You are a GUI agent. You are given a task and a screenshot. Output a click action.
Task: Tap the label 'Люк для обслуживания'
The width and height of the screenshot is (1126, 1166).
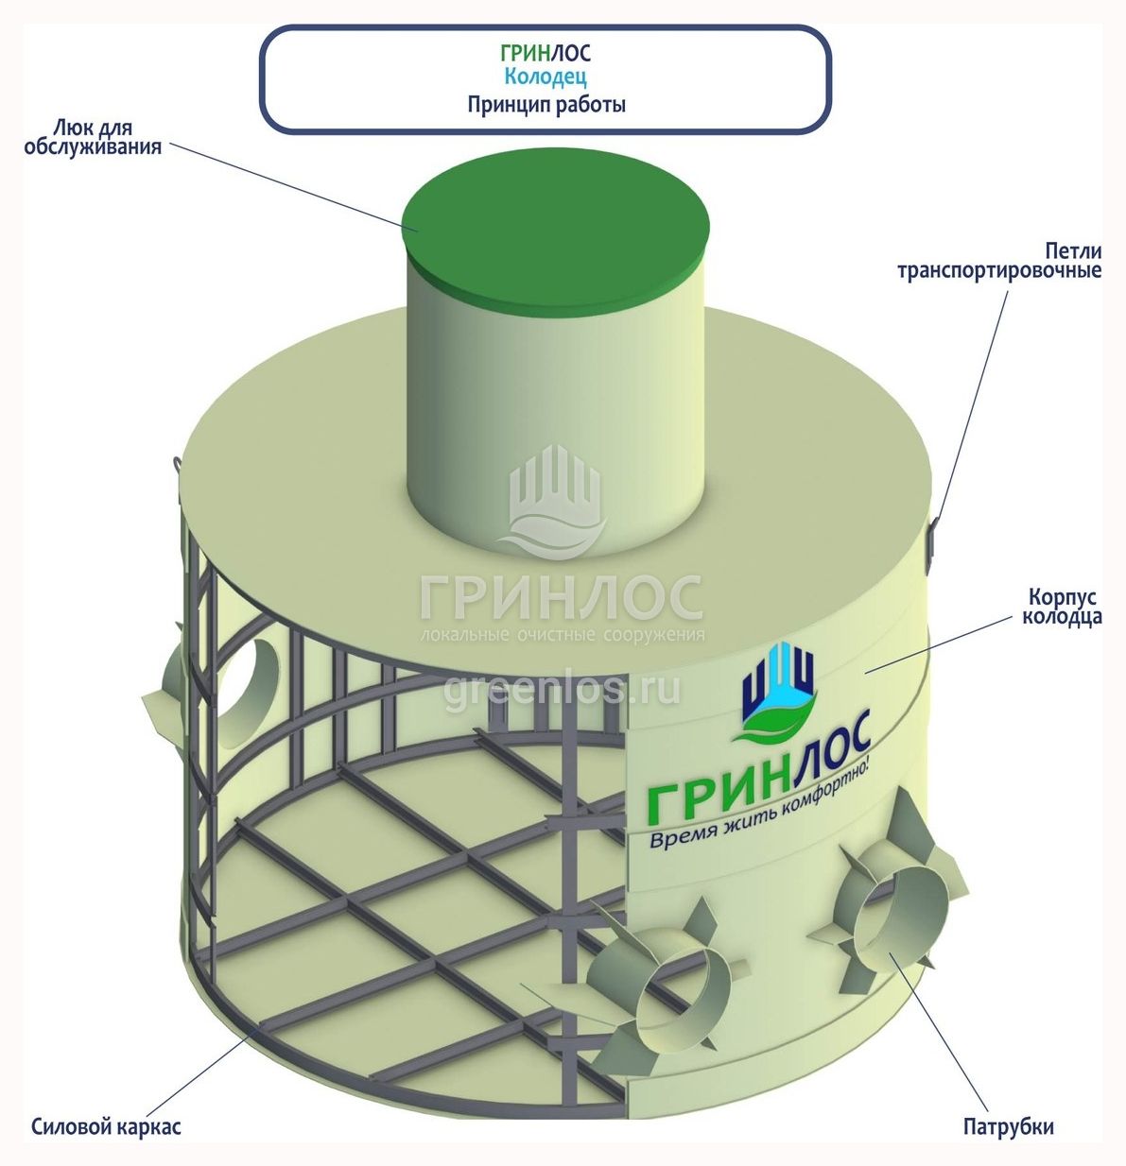click(x=93, y=137)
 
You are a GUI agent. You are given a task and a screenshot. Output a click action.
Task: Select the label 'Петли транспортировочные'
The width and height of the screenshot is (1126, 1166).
click(x=999, y=261)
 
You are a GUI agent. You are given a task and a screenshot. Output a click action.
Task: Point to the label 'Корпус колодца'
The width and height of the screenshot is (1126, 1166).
click(x=1062, y=607)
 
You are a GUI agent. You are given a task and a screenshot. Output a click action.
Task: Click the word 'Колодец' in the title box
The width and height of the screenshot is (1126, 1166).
click(x=545, y=77)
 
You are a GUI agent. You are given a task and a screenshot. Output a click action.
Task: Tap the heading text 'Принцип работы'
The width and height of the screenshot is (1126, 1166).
click(x=546, y=105)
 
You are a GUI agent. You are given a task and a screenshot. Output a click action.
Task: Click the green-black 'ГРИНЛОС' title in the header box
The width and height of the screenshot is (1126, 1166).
click(x=545, y=53)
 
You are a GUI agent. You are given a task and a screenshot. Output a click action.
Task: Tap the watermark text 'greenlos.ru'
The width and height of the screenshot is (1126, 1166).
click(x=562, y=689)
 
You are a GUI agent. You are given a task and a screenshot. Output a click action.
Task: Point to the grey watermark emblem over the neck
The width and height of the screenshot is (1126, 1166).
click(x=555, y=502)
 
